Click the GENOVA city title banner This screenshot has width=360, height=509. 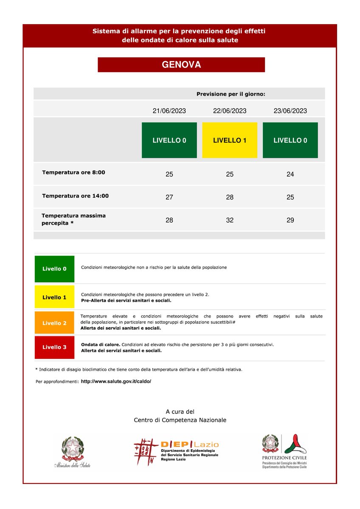tap(181, 65)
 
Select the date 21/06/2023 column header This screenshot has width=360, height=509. tap(169, 111)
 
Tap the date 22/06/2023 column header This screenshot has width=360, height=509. tap(230, 111)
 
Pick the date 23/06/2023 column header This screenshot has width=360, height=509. tap(290, 111)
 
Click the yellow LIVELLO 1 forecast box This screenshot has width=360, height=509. tap(230, 140)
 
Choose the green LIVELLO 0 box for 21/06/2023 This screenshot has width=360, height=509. tap(169, 140)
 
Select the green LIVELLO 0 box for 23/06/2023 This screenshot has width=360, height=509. tap(290, 140)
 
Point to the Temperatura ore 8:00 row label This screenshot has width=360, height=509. tap(73, 173)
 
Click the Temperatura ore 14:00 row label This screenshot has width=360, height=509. tap(75, 196)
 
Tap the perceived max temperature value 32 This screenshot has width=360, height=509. tap(230, 220)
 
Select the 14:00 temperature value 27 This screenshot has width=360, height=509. tap(169, 197)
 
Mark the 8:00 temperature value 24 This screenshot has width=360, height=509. tap(290, 174)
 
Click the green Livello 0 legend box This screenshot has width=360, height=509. tap(54, 269)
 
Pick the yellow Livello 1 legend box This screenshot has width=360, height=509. tap(54, 297)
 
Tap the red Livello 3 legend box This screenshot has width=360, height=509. tap(54, 347)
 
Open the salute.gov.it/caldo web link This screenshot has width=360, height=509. tap(115, 381)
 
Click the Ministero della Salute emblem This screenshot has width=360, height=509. tap(72, 452)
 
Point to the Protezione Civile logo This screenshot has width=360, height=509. tap(284, 450)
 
